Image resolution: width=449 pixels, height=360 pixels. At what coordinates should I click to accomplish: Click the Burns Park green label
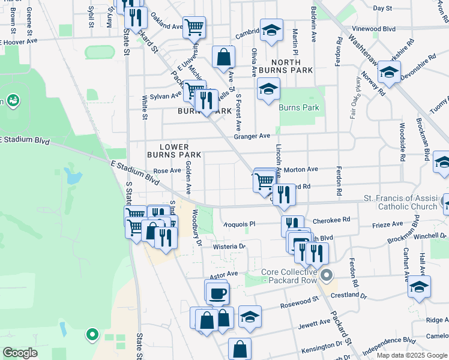(299, 108)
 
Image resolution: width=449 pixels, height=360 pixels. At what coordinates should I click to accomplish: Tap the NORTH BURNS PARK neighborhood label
(292, 66)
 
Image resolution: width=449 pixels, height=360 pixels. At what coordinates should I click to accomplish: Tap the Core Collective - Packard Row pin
(327, 275)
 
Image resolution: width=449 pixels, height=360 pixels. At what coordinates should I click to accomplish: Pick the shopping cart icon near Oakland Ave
(194, 26)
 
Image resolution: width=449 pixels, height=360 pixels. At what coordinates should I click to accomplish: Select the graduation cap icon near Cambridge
(271, 29)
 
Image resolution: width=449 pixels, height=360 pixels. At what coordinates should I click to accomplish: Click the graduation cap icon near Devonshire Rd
(389, 73)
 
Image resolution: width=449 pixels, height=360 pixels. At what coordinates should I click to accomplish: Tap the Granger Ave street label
(252, 137)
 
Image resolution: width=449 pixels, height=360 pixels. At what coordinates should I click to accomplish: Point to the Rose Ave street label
(167, 170)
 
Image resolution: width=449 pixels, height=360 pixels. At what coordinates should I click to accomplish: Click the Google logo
(20, 353)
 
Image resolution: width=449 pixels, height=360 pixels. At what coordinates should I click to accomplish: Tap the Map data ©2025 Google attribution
(412, 355)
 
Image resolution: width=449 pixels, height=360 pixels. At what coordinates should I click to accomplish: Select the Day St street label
(382, 8)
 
